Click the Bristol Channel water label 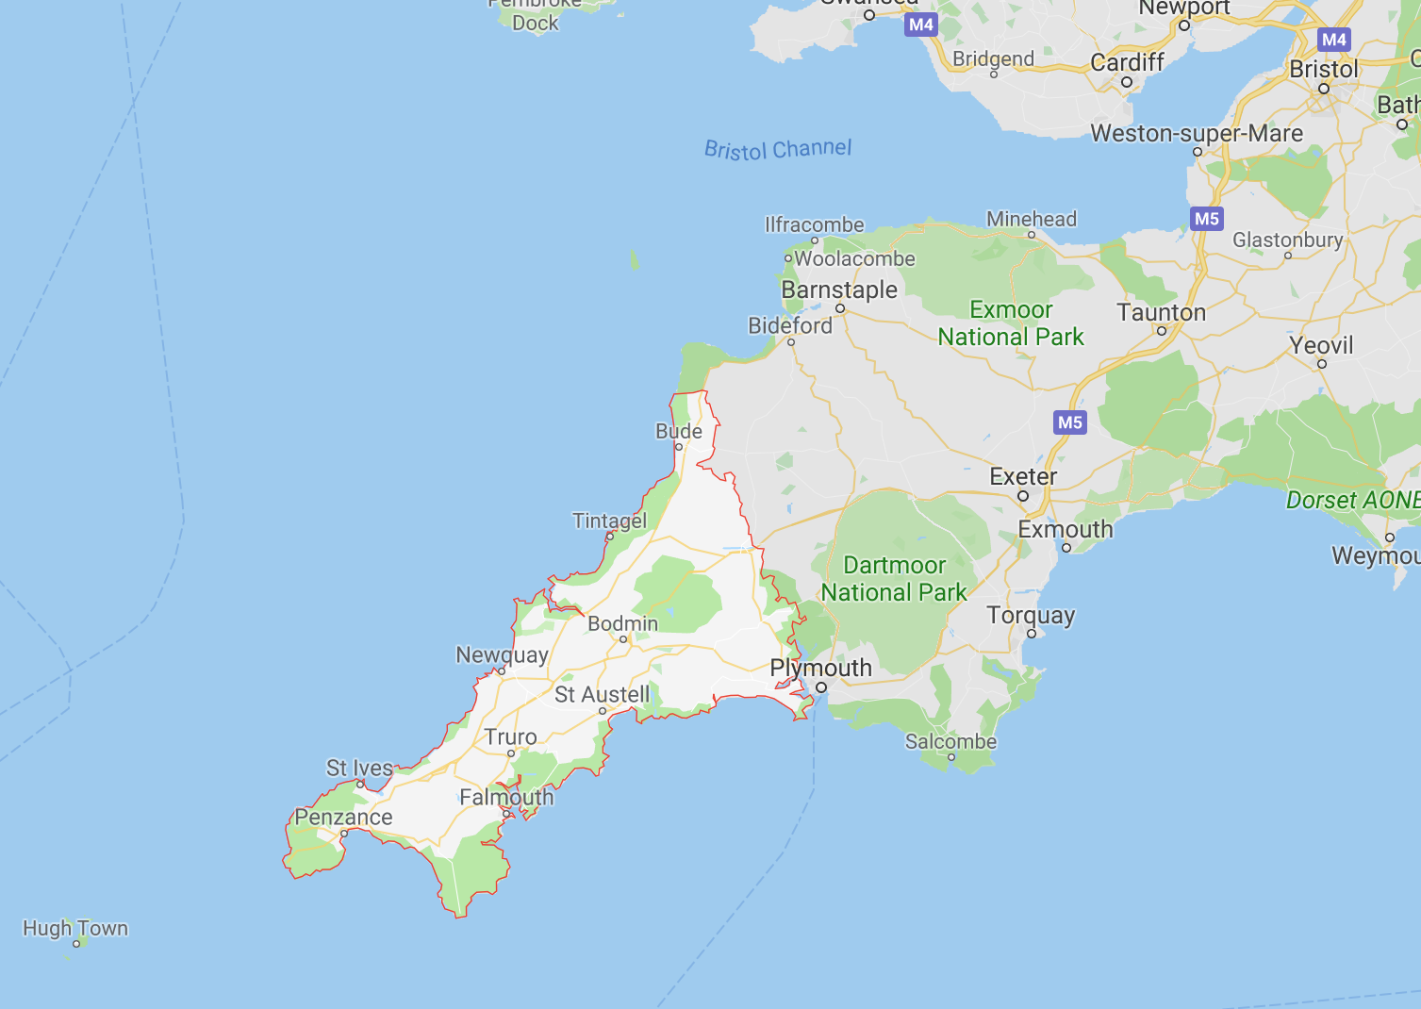(x=778, y=149)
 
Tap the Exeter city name (x=1023, y=476)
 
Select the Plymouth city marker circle (x=821, y=687)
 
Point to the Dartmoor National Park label (x=894, y=579)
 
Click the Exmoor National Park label (x=1011, y=323)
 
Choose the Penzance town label (x=343, y=817)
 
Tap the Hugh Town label (x=75, y=928)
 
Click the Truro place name (x=510, y=736)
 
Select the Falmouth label (x=506, y=797)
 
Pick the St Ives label (x=359, y=768)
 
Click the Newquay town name (x=502, y=654)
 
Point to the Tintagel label (x=609, y=521)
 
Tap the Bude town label (x=679, y=431)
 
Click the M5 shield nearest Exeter (x=1069, y=422)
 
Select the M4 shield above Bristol (x=1333, y=40)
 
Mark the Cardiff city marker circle (x=1126, y=82)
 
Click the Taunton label (x=1161, y=312)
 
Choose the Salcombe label (x=950, y=741)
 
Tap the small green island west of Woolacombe (x=635, y=259)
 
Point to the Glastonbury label (x=1287, y=240)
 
